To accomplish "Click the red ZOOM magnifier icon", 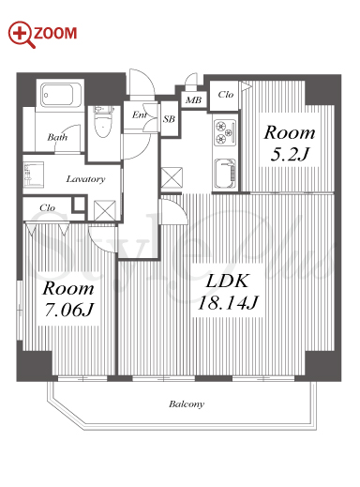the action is tap(22, 35).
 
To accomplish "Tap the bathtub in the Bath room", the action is tap(61, 95).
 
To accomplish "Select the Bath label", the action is tap(57, 137).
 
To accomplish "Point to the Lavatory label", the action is tap(85, 179).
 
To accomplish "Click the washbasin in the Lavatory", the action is tap(33, 175).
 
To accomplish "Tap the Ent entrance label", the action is tap(139, 115).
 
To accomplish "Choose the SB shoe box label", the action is tap(169, 119).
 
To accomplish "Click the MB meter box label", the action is tap(193, 100).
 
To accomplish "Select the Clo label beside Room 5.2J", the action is tap(226, 95).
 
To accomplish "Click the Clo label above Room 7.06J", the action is tap(47, 208).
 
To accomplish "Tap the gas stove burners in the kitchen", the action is tap(224, 132).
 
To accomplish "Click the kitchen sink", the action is tap(225, 174).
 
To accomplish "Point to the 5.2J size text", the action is tap(290, 154).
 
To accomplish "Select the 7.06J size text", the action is tap(69, 310).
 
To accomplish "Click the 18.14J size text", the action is tap(228, 302).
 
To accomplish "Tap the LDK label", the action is tap(228, 281).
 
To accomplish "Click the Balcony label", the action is tap(187, 404).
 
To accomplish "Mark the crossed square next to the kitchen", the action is tap(172, 177).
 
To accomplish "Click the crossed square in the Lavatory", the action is tap(105, 210).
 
